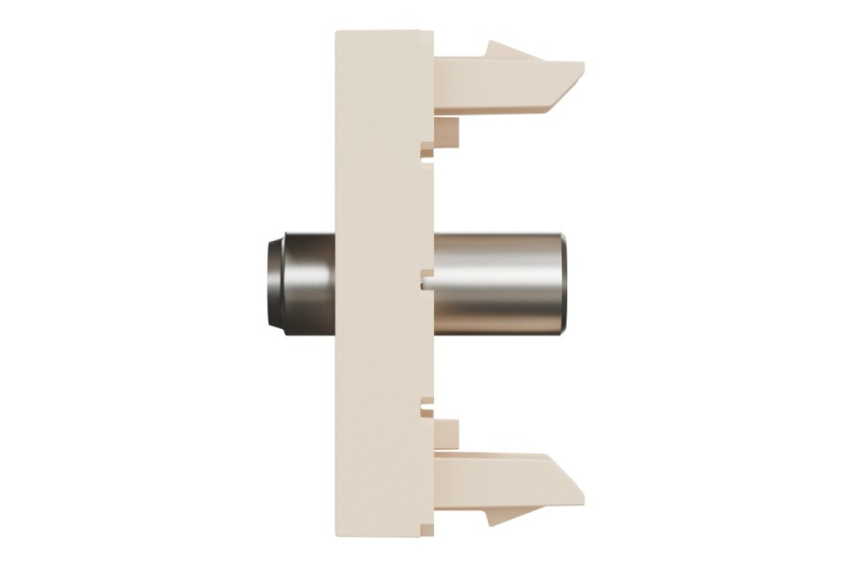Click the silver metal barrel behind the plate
496,283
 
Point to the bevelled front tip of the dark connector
273,283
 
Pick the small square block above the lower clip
447,431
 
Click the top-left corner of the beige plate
336,30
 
